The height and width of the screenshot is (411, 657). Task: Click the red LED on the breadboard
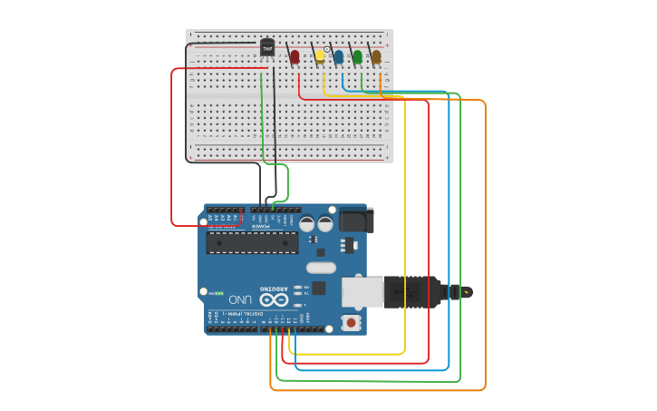click(295, 57)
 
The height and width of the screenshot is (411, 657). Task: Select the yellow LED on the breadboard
click(320, 56)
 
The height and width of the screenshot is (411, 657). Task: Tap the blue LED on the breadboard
click(339, 57)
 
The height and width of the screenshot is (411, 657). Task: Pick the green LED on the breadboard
click(357, 57)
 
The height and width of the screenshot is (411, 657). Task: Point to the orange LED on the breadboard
click(376, 57)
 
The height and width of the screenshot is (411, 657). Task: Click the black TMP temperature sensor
click(267, 47)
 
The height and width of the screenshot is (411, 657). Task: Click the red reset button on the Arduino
click(351, 322)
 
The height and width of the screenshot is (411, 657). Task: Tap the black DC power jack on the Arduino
click(356, 220)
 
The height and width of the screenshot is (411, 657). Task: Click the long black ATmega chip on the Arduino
click(252, 242)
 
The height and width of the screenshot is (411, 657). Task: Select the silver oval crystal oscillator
click(321, 268)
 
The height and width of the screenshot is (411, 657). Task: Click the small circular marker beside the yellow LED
click(328, 49)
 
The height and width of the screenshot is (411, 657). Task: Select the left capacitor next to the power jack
click(307, 222)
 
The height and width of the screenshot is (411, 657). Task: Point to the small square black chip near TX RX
click(319, 288)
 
